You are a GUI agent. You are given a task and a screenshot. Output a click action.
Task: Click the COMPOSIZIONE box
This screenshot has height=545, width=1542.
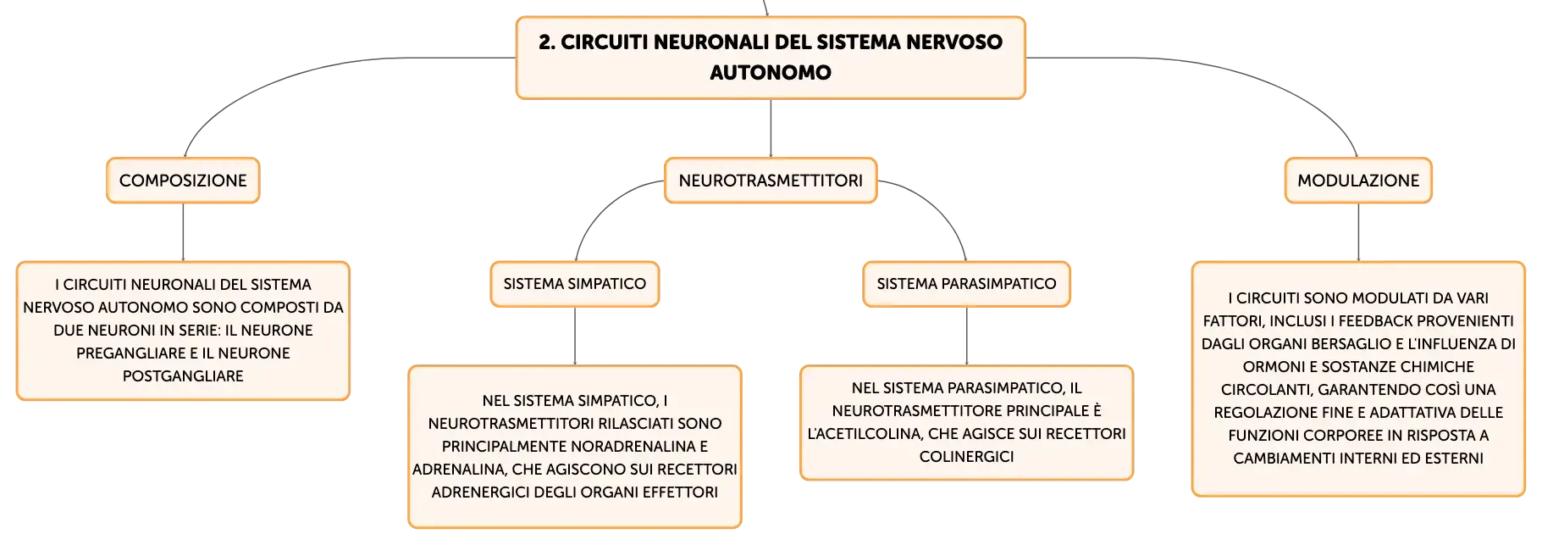tap(183, 181)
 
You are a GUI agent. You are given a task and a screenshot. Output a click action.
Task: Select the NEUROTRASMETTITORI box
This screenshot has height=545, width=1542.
tap(771, 181)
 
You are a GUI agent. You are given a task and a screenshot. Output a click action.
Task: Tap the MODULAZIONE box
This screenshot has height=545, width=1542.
tap(1358, 181)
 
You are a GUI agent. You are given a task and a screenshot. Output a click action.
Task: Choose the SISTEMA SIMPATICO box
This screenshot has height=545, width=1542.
tap(575, 284)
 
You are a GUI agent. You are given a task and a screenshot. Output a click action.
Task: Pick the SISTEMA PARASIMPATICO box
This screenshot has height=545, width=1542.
tap(966, 284)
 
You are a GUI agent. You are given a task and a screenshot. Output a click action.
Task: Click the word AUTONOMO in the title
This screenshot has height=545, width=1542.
tap(771, 73)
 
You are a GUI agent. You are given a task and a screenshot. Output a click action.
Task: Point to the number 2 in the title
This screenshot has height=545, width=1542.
tap(546, 42)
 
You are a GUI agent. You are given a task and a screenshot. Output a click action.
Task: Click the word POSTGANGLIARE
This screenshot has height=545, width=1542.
tap(183, 376)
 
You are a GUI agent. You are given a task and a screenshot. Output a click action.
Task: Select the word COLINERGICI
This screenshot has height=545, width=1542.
tap(966, 457)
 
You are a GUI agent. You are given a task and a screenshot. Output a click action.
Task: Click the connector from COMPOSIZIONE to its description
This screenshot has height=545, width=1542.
tap(183, 232)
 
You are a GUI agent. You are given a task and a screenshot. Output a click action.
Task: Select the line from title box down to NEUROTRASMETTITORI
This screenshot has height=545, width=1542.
tap(771, 128)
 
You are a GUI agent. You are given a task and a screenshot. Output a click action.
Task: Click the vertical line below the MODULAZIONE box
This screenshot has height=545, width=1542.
tap(1358, 232)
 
